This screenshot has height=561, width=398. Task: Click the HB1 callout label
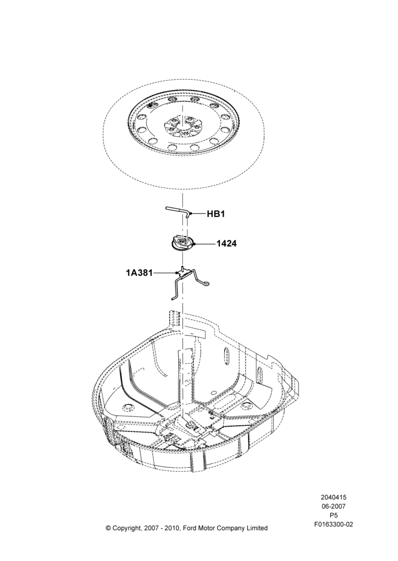(x=216, y=214)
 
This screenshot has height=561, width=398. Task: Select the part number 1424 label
(x=226, y=243)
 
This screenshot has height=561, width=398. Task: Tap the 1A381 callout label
(x=139, y=273)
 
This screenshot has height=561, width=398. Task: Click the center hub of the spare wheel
(x=182, y=127)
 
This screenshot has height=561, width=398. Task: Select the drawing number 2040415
(x=333, y=497)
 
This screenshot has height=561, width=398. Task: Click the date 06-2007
(x=333, y=506)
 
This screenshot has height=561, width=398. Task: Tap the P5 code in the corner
(x=333, y=515)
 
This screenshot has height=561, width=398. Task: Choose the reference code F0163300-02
(x=333, y=525)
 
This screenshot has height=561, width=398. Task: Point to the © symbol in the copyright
(x=108, y=528)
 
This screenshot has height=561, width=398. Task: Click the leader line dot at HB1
(x=191, y=214)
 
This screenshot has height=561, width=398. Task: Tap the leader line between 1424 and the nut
(x=205, y=243)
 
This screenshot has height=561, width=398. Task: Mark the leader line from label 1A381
(x=165, y=273)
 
